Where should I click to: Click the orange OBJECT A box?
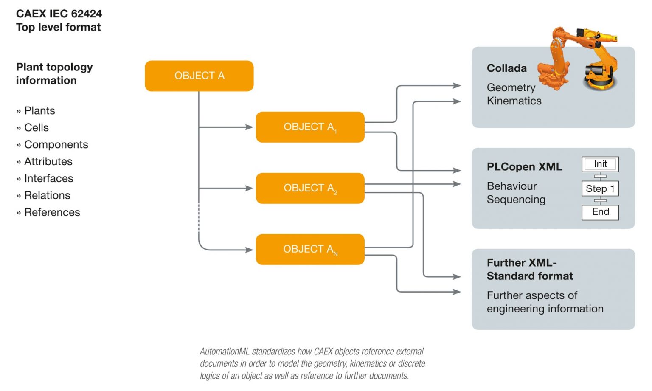tap(199, 76)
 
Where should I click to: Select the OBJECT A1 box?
tap(310, 127)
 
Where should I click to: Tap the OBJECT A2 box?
tap(310, 188)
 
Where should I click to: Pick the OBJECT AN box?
tap(310, 249)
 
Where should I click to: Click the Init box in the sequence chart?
tap(600, 164)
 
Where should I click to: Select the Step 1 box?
tap(600, 188)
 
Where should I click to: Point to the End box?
tap(600, 212)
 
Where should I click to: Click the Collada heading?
tap(506, 68)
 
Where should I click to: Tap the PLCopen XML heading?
tap(524, 167)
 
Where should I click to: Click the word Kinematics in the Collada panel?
tap(514, 101)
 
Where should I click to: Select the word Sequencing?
tap(516, 200)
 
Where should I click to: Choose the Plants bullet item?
tap(39, 111)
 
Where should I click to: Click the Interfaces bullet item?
tap(48, 179)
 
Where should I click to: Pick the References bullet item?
tap(52, 212)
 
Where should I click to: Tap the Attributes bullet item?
tap(48, 162)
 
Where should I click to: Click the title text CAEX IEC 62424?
tap(59, 14)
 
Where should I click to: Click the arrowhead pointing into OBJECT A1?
tap(249, 127)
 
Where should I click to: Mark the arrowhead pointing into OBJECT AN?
tap(249, 250)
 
